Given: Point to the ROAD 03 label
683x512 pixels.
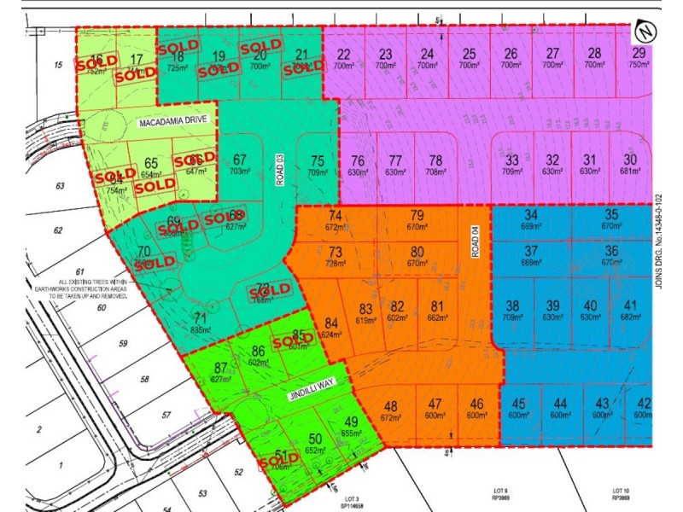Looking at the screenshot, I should point(279,170).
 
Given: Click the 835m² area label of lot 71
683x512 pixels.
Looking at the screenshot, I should point(200,329).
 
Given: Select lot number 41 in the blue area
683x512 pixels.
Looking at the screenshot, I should point(631,306).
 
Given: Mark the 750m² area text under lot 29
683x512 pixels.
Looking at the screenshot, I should point(639,66).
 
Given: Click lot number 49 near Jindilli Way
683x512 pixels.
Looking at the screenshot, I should point(351,422).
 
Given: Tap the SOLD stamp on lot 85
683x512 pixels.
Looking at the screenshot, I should point(293,340).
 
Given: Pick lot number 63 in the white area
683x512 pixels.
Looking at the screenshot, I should point(59,185).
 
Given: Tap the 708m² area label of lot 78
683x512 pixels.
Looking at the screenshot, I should point(435,172).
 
